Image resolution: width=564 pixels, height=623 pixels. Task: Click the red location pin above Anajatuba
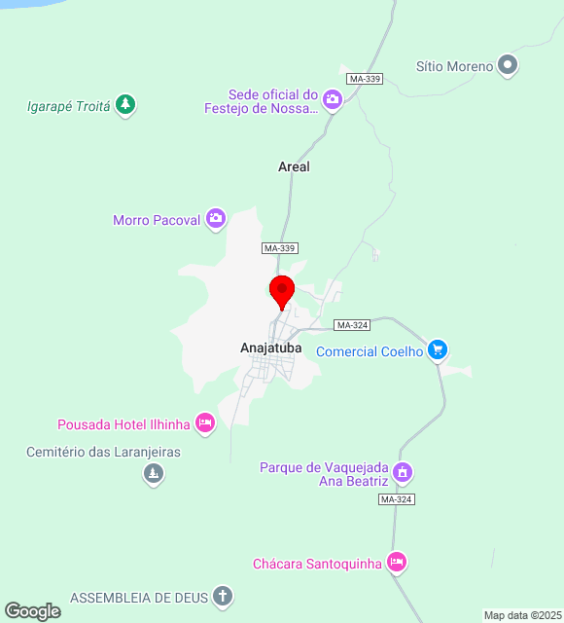pos(282,291)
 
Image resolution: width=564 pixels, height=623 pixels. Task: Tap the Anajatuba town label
pos(271,348)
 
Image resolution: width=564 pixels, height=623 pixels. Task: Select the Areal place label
pos(294,166)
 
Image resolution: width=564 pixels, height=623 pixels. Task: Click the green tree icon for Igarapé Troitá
pos(124,104)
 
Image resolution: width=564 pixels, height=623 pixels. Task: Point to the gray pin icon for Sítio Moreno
pos(507,65)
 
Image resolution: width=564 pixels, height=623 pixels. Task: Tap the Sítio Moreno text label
pos(454,66)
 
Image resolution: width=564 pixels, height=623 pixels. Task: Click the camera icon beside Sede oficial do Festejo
pos(333,99)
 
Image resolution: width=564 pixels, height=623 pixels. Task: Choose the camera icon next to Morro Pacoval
pos(216,219)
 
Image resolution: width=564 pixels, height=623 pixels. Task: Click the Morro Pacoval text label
pos(156,220)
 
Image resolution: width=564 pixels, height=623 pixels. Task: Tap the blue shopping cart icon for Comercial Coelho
pos(438,349)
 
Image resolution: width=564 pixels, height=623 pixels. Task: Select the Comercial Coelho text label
pos(370,351)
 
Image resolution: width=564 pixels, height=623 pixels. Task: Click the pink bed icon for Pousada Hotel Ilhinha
pos(204,422)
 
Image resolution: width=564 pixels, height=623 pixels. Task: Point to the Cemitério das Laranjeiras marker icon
pos(153,473)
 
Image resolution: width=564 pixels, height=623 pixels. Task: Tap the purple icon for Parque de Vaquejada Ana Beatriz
pos(403,473)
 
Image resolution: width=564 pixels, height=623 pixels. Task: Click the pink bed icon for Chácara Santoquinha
pos(396,562)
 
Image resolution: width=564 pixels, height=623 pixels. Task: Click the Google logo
pos(32,611)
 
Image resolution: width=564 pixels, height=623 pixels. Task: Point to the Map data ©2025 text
pos(522,615)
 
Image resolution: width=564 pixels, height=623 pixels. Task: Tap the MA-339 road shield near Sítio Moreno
pos(365,78)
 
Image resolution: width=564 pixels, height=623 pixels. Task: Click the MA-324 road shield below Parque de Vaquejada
pos(397,499)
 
